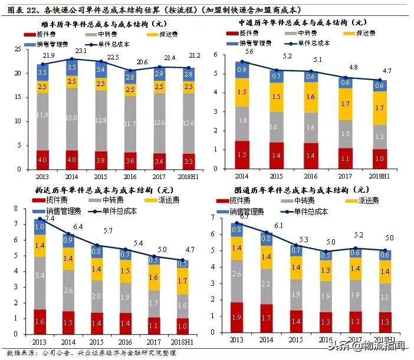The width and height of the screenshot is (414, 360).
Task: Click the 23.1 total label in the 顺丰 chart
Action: [x=73, y=51]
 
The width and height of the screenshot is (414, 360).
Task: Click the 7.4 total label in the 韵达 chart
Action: [x=50, y=219]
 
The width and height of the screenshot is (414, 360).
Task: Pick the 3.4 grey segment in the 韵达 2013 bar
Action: [x=40, y=275]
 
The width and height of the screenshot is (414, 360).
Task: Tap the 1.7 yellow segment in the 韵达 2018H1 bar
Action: [x=183, y=282]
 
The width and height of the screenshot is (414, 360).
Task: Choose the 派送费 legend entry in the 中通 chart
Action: [x=366, y=34]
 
